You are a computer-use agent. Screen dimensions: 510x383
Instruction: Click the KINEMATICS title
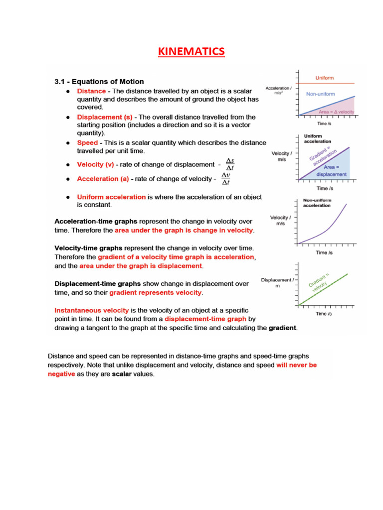pyautogui.click(x=191, y=51)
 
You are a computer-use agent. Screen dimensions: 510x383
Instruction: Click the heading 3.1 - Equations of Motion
pyautogui.click(x=99, y=82)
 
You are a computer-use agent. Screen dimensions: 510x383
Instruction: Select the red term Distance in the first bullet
pyautogui.click(x=91, y=91)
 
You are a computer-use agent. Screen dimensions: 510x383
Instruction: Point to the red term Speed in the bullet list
pyautogui.click(x=87, y=143)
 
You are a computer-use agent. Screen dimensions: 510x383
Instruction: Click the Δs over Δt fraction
pyautogui.click(x=230, y=165)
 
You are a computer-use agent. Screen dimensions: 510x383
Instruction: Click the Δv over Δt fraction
pyautogui.click(x=225, y=179)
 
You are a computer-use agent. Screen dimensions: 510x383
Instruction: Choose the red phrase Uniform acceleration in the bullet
pyautogui.click(x=111, y=197)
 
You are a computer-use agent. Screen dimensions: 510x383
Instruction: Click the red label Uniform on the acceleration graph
pyautogui.click(x=324, y=78)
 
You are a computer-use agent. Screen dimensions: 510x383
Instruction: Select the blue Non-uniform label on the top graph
pyautogui.click(x=320, y=94)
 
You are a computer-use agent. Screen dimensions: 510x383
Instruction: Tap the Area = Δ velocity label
pyautogui.click(x=336, y=112)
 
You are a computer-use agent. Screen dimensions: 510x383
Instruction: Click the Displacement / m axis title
pyautogui.click(x=277, y=283)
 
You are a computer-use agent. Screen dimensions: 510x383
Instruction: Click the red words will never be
pyautogui.click(x=296, y=365)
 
